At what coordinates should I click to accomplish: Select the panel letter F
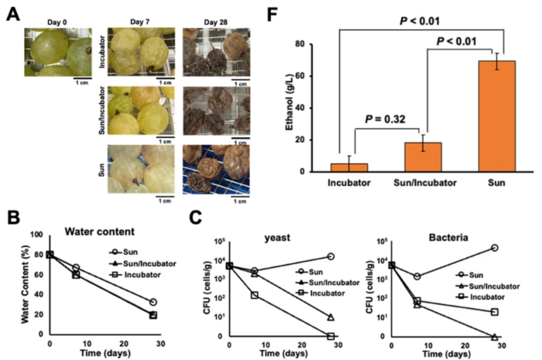[x=295, y=11]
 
